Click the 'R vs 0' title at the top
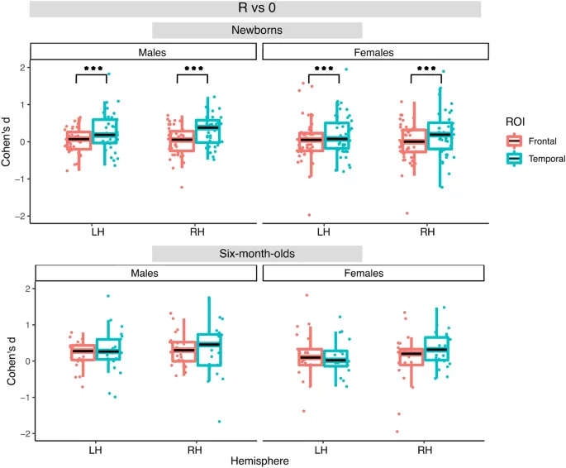pos(254,9)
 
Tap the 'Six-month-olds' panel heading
pos(256,252)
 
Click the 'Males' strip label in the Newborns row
pos(143,52)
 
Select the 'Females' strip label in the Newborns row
pos(374,52)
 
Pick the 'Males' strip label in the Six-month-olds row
pos(143,273)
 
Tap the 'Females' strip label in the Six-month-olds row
pos(374,273)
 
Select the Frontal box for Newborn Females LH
pos(312,141)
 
